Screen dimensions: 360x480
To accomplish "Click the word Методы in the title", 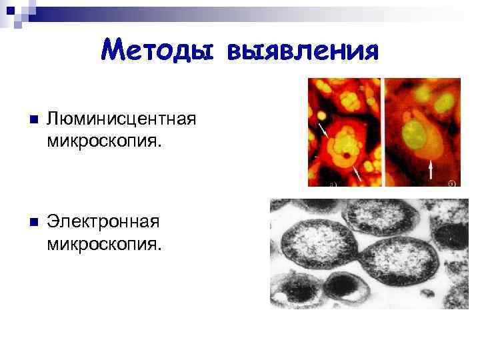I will (159, 49).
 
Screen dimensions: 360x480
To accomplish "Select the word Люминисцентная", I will (121, 120).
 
